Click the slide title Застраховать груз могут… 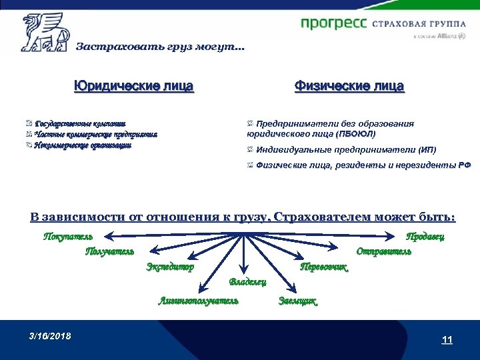tap(160, 47)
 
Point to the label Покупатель tap(68, 236)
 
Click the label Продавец tap(425, 236)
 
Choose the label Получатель tap(109, 251)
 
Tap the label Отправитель tap(383, 251)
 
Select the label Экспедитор tap(170, 267)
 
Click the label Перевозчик tap(325, 267)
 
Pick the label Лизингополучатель tap(198, 301)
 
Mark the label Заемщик tap(297, 301)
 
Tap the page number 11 tap(447, 340)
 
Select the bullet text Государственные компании tap(80, 123)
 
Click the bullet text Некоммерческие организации tap(83, 145)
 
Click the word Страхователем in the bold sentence tap(319, 217)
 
